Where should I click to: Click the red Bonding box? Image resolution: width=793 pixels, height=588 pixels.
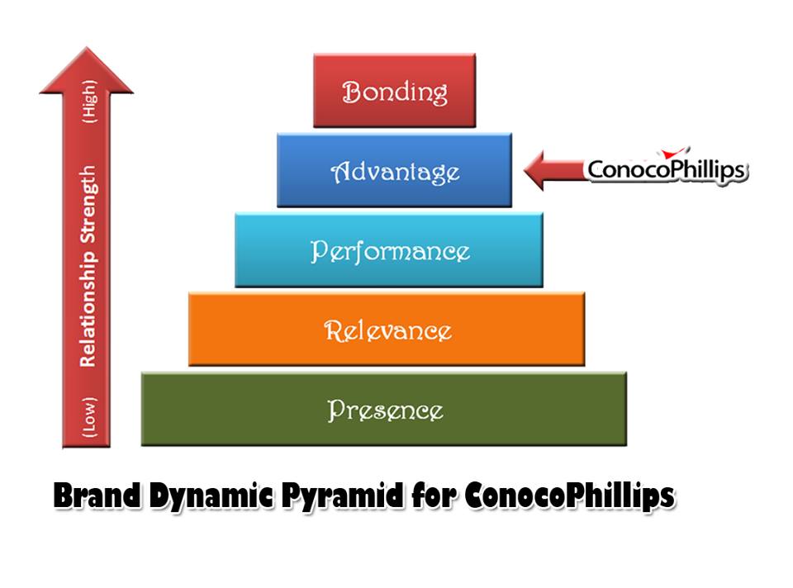click(x=394, y=91)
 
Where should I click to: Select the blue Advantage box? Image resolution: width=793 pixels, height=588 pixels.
click(x=394, y=171)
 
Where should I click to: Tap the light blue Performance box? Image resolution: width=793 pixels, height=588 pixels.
click(x=389, y=250)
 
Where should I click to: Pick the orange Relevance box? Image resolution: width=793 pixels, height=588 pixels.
click(x=387, y=330)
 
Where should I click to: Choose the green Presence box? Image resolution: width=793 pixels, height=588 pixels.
click(x=384, y=409)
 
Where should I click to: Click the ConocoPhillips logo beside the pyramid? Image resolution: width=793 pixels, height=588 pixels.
click(x=666, y=169)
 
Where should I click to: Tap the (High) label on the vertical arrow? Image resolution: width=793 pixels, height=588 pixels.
click(x=88, y=102)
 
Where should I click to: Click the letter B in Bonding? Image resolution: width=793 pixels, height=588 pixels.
click(x=351, y=92)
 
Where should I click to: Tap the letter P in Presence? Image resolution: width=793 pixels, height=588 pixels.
click(x=335, y=410)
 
